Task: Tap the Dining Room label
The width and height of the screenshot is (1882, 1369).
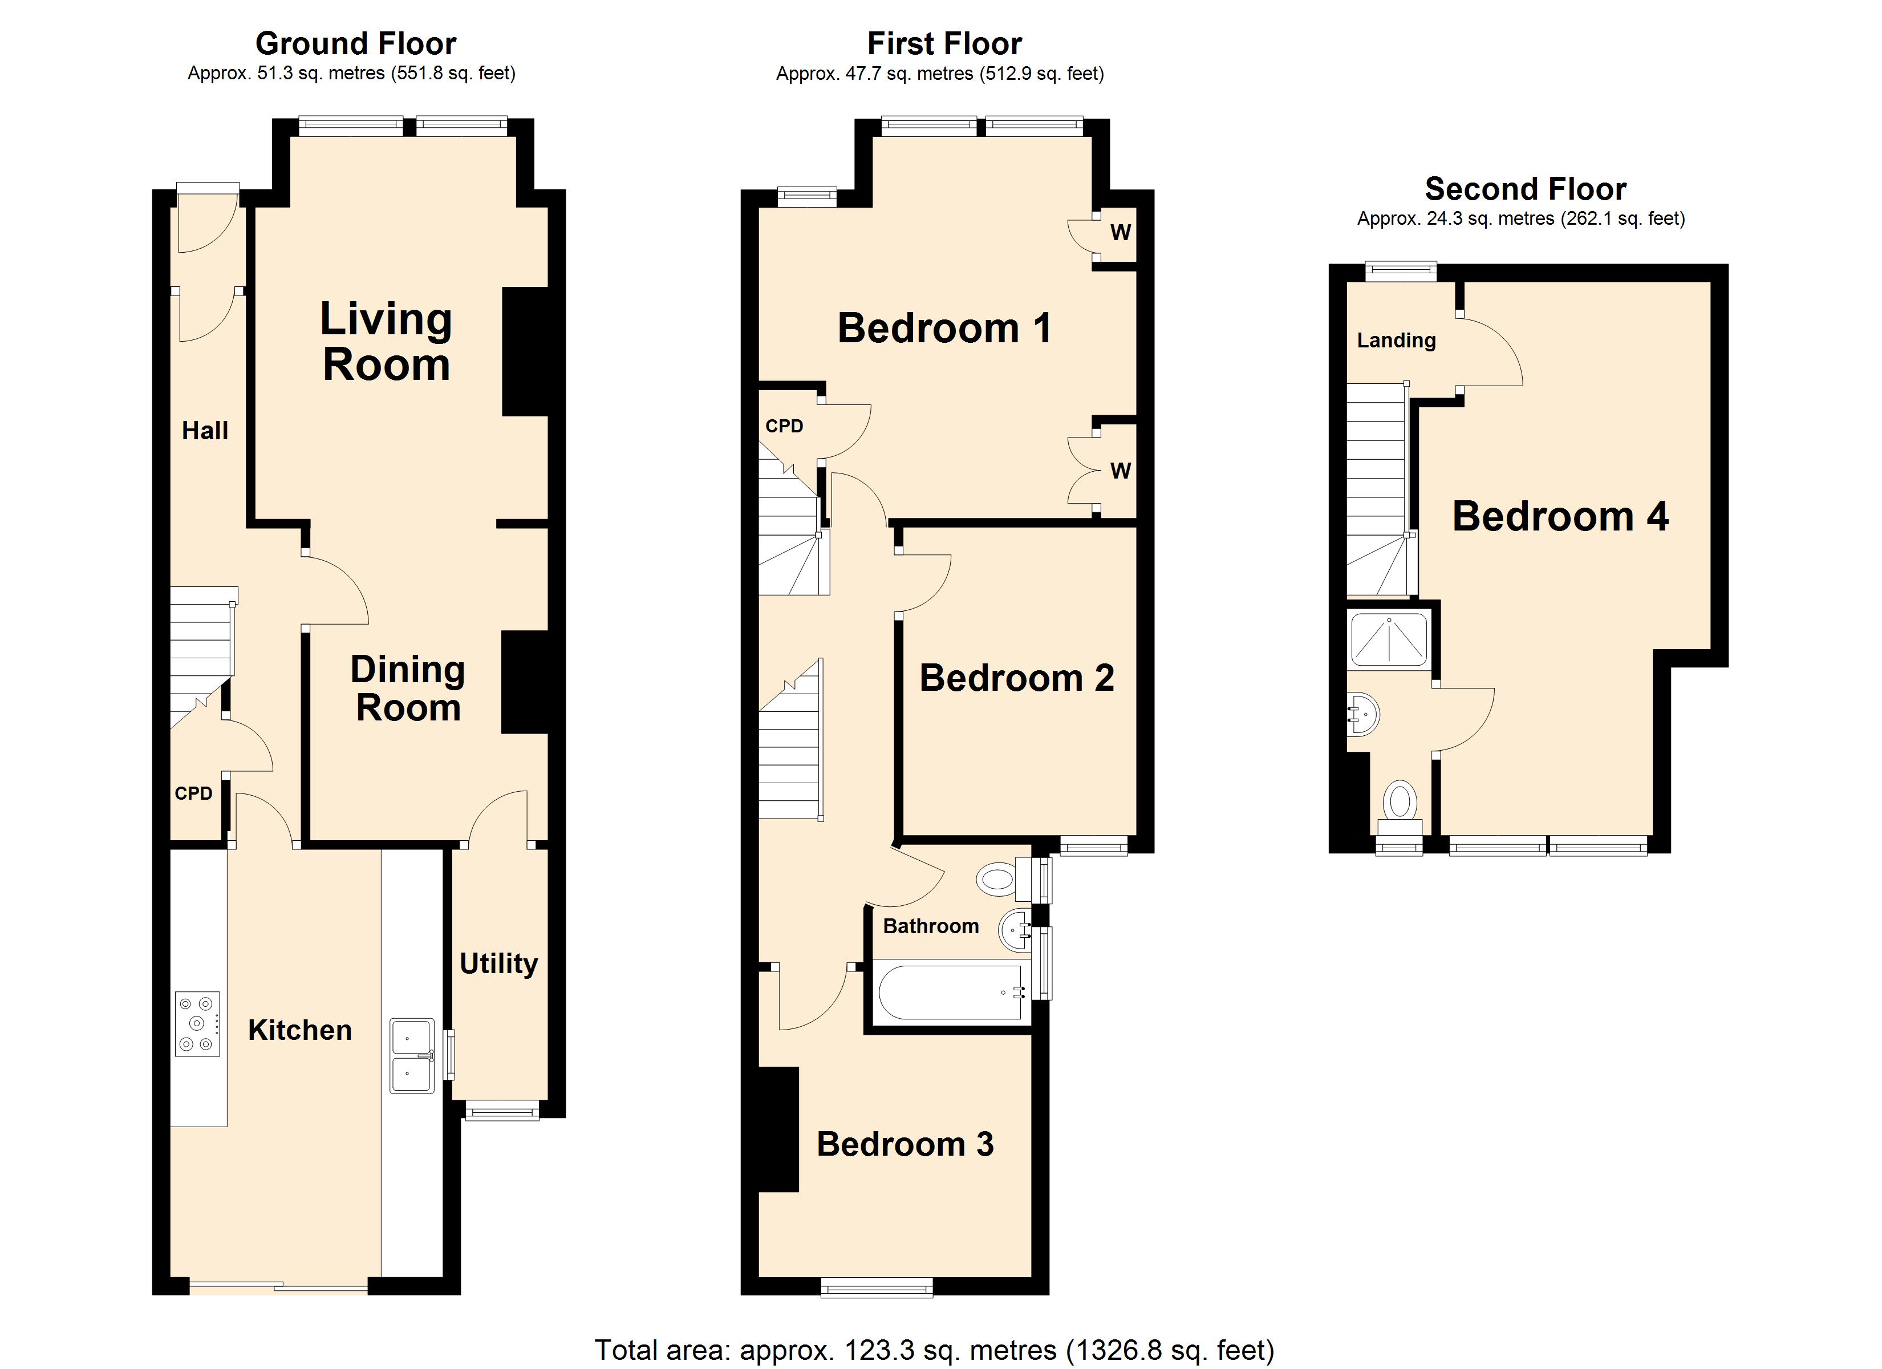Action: [x=407, y=688]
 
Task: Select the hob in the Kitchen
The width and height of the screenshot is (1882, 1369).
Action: [x=197, y=1024]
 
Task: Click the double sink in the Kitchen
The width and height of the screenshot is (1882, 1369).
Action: [x=412, y=1056]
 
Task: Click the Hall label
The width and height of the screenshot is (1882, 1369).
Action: [x=205, y=430]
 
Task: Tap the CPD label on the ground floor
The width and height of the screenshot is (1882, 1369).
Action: [x=193, y=793]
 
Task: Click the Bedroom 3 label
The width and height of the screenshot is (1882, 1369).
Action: [x=905, y=1144]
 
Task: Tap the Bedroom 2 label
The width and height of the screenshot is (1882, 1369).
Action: [x=1016, y=678]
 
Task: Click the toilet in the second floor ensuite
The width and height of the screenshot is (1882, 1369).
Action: [x=1401, y=807]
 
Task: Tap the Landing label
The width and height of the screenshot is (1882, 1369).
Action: [x=1397, y=341]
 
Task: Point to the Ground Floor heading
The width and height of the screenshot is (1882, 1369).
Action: [x=355, y=43]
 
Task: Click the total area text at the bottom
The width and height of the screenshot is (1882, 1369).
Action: [x=934, y=1350]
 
